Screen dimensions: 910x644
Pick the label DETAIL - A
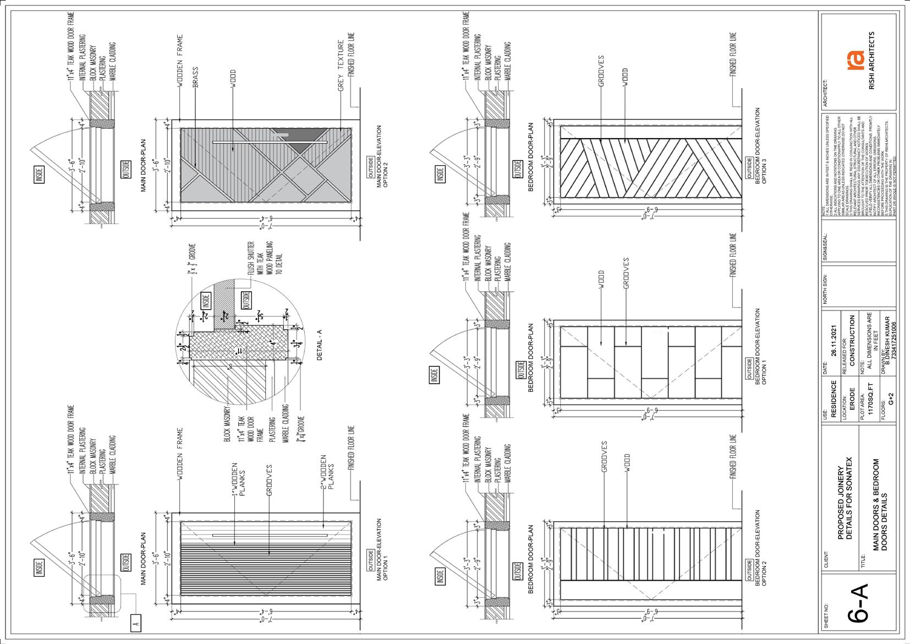click(x=320, y=347)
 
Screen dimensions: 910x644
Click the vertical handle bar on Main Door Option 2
click(x=270, y=143)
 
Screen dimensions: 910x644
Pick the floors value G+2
click(x=891, y=399)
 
